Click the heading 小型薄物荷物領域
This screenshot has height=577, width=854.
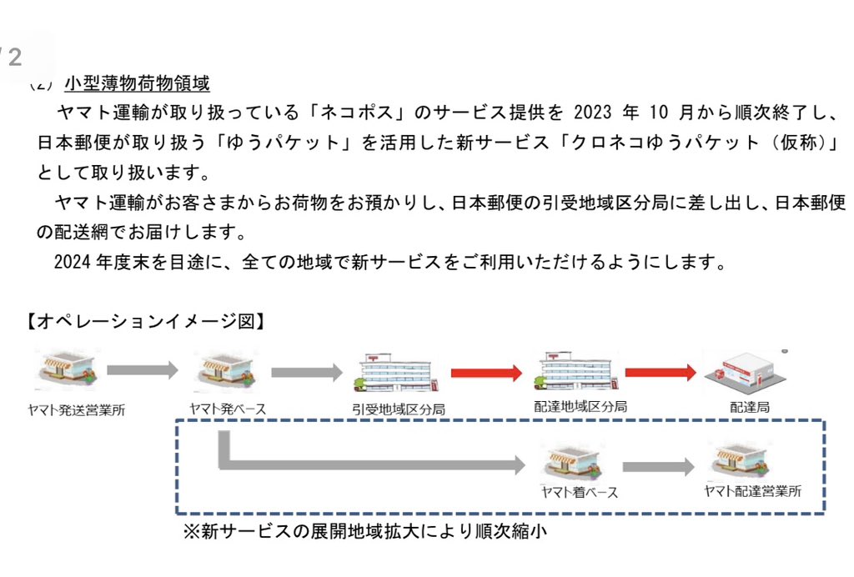tap(137, 84)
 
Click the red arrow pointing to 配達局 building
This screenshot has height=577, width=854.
tap(660, 372)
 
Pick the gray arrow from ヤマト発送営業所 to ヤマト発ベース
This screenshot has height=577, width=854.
tap(143, 369)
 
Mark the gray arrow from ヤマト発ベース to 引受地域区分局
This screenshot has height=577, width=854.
tap(306, 371)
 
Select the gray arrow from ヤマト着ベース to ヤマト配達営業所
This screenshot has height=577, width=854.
tap(658, 467)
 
